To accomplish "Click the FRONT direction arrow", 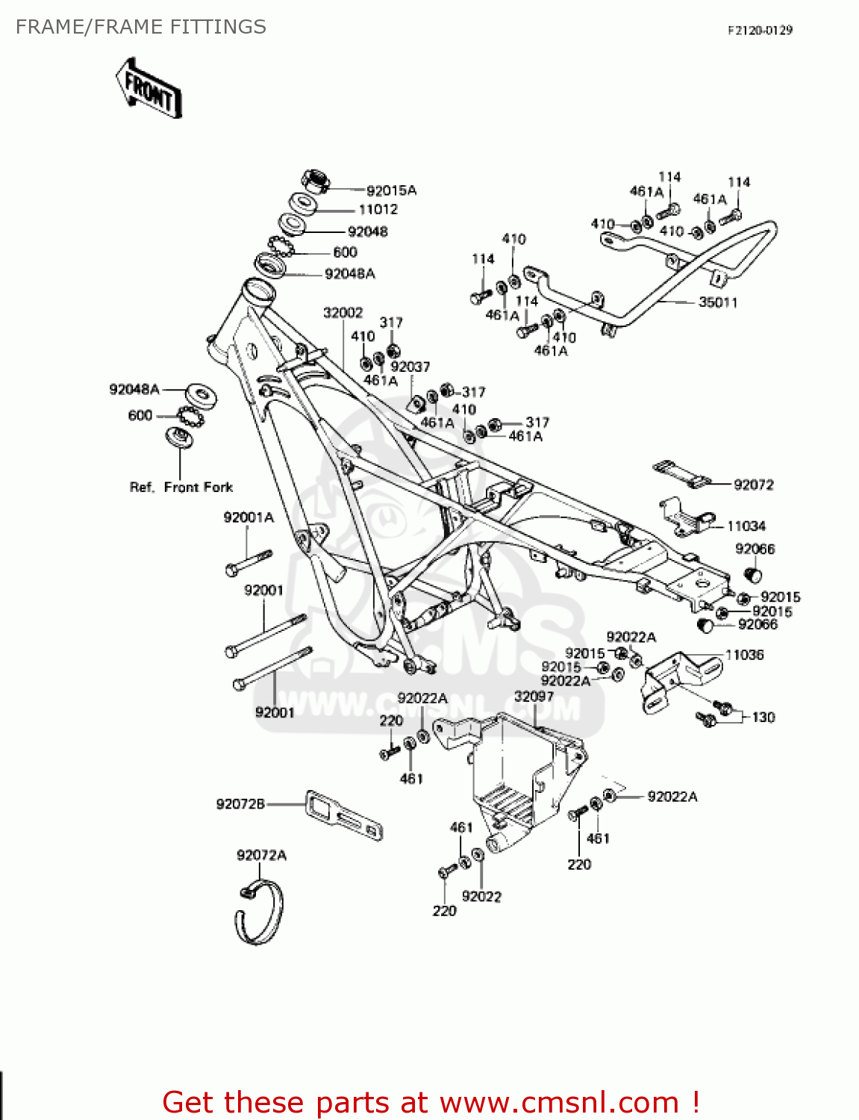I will tap(149, 88).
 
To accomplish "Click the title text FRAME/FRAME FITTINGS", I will tap(141, 27).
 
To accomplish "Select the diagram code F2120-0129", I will tap(760, 31).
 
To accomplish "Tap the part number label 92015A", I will tap(391, 190).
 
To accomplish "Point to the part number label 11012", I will tap(378, 210).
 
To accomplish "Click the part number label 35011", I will tap(717, 302).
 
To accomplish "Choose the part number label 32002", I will tap(343, 313).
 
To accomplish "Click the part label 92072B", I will tap(240, 804).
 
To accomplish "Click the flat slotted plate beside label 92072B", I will tap(344, 815).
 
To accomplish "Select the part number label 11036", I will tap(744, 655).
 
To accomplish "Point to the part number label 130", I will tap(763, 718).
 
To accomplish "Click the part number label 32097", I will tap(534, 697).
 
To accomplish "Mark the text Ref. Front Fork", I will tap(181, 488).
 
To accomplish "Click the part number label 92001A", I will tap(249, 517).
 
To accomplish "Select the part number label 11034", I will tap(746, 526).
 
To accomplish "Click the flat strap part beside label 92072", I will tap(683, 475).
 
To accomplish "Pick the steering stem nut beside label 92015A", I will tap(316, 181).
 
